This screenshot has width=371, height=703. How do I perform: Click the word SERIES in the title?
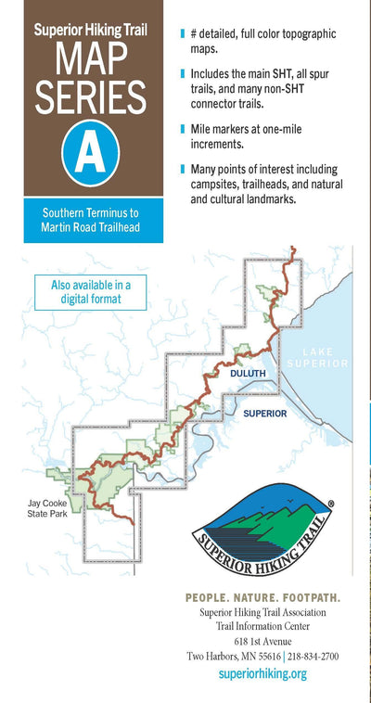[91, 97]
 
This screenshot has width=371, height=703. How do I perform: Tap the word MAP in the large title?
[91, 58]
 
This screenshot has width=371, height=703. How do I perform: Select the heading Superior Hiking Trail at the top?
[91, 29]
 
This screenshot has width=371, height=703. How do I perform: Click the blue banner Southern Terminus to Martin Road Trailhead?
[91, 220]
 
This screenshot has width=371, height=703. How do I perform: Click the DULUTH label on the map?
[248, 373]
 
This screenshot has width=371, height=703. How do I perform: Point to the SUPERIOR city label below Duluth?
[264, 413]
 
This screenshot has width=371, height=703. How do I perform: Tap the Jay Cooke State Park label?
[47, 511]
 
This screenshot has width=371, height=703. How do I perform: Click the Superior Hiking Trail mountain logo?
[263, 533]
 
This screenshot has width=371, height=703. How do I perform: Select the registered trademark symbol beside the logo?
[331, 505]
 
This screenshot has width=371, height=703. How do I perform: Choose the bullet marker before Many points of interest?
[183, 170]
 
